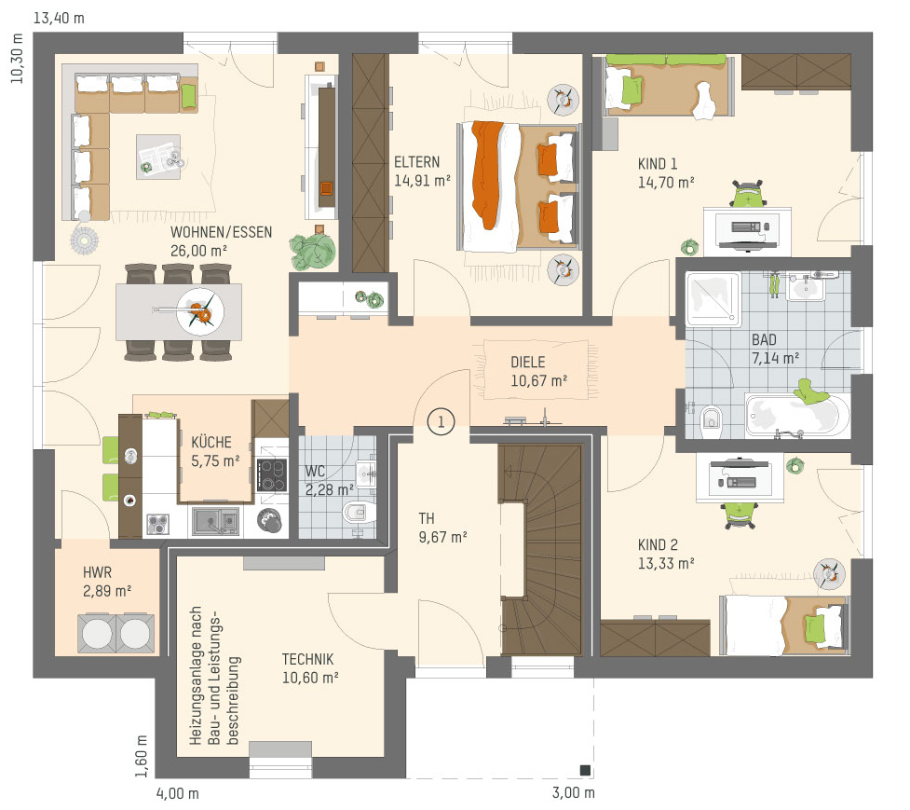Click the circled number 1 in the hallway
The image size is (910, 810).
441,421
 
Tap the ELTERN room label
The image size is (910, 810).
416,162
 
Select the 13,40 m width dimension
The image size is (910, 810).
59,18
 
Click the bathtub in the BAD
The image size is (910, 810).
797,415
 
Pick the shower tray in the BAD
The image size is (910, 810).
713,299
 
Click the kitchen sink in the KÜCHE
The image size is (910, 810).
215,521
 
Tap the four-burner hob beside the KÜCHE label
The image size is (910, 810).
272,475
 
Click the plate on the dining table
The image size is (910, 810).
200,312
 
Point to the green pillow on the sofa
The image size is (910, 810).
189,96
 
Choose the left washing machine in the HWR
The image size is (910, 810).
97,633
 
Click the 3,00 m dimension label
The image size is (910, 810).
574,792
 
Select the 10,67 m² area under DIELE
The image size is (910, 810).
538,381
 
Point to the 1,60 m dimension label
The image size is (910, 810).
142,756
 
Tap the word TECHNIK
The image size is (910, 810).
307,660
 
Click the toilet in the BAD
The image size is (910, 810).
711,419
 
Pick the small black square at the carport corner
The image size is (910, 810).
585,771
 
